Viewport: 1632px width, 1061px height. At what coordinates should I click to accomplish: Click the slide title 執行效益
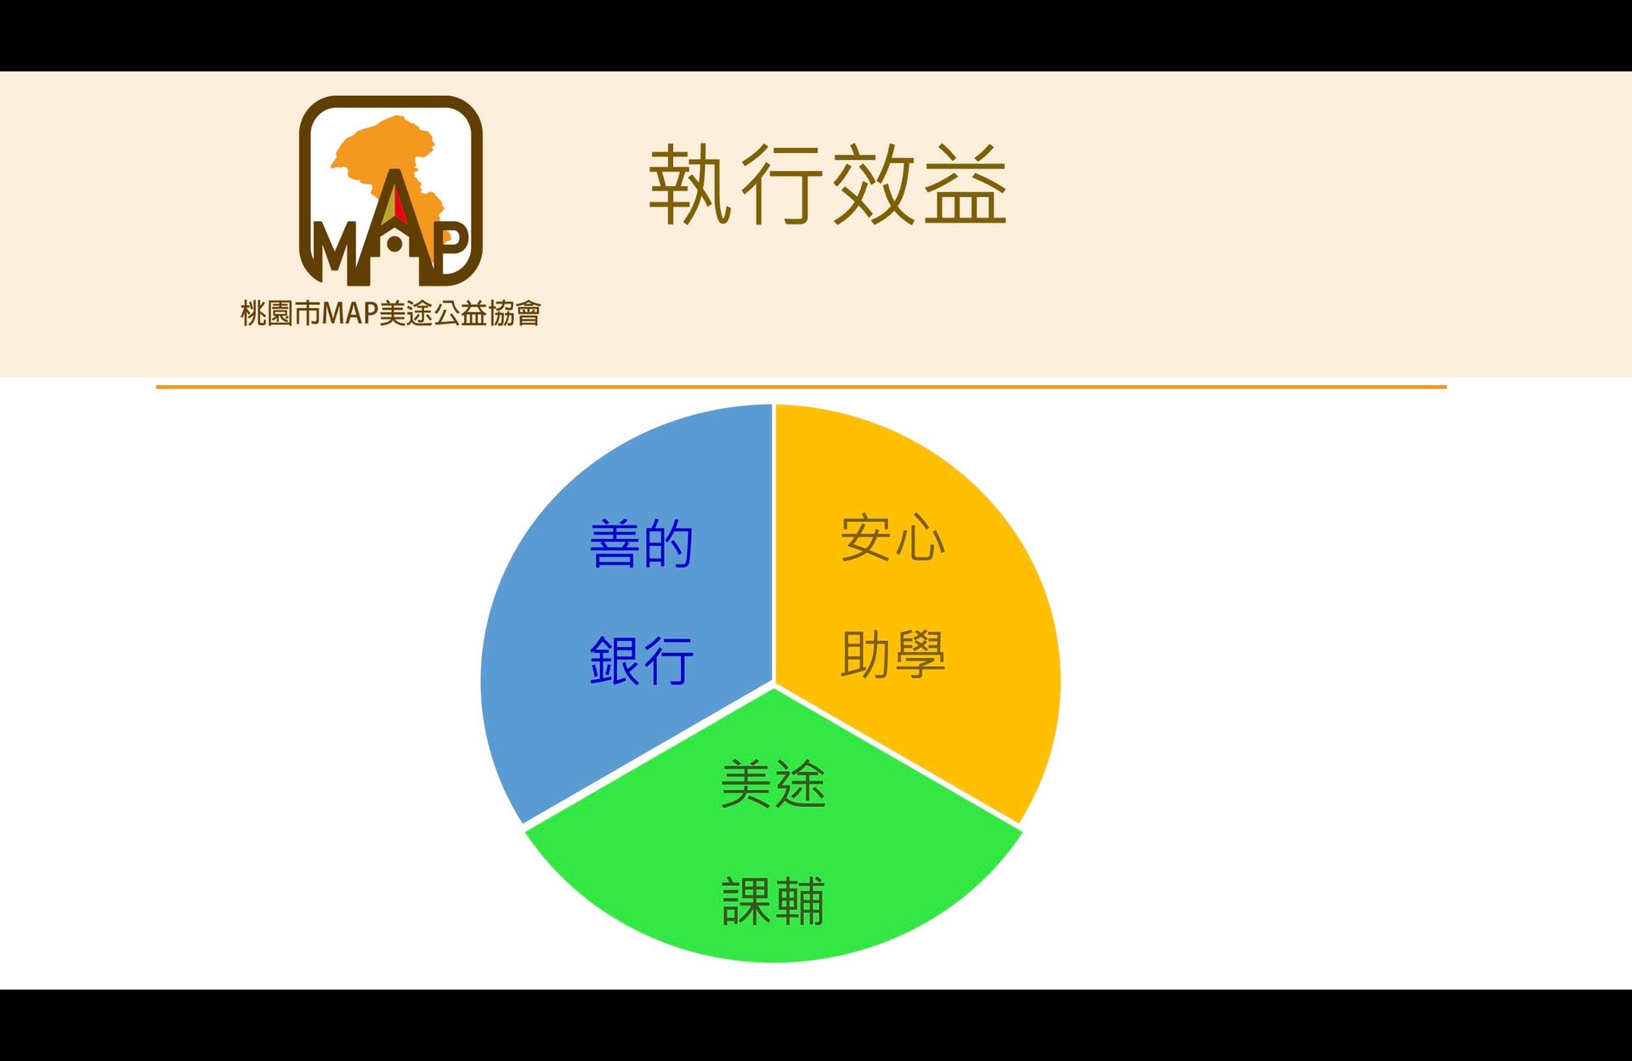coord(828,184)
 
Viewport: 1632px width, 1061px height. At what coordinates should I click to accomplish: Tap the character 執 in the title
coord(691,184)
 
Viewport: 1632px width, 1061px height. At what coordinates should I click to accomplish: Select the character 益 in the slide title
coord(966,184)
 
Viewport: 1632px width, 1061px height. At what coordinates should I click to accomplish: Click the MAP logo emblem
coord(391,190)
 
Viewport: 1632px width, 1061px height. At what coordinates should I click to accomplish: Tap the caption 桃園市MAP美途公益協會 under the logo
coord(391,314)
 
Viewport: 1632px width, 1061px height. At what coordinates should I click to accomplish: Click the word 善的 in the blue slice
coord(642,544)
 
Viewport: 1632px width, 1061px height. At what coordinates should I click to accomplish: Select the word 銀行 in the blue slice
coord(642,661)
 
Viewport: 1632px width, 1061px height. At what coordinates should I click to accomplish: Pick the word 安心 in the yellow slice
coord(892,538)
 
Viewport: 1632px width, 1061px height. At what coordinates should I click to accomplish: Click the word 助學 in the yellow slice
coord(892,654)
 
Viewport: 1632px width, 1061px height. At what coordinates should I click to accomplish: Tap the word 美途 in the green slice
coord(773,784)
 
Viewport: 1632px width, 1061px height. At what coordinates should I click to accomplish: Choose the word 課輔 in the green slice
coord(773,900)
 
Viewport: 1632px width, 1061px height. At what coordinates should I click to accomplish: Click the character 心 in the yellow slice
coord(920,538)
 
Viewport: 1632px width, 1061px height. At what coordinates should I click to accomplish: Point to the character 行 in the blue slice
coord(669,661)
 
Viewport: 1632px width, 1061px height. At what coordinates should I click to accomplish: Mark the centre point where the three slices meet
coord(773,683)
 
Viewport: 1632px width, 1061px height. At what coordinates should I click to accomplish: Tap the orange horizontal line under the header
coord(801,387)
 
